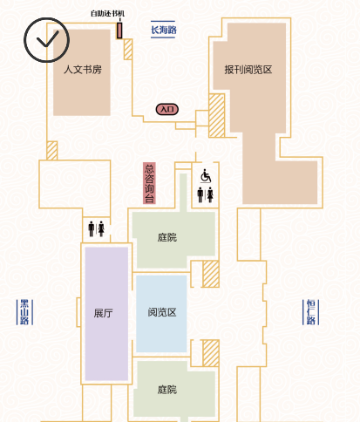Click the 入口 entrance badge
167,109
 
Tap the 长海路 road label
163,30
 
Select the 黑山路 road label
24,312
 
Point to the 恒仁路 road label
310,312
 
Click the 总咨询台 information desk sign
149,183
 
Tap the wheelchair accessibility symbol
206,176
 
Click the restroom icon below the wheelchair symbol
205,194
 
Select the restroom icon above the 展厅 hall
96,228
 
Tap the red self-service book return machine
119,31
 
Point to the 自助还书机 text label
107,13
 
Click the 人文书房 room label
83,70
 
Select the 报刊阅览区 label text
248,70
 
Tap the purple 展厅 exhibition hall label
103,313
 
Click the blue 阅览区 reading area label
162,312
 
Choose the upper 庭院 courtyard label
167,237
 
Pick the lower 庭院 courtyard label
167,390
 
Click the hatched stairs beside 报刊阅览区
217,115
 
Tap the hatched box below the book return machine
128,49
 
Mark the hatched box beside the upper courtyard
211,274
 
